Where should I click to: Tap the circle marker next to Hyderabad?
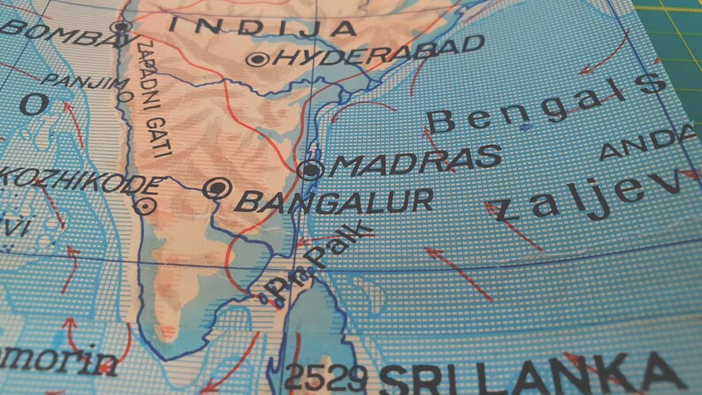pos(259,59)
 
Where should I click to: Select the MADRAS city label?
pos(416,161)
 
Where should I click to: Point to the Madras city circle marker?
pos(309,170)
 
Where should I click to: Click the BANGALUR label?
pos(333,201)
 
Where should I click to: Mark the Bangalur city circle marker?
pos(216,188)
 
